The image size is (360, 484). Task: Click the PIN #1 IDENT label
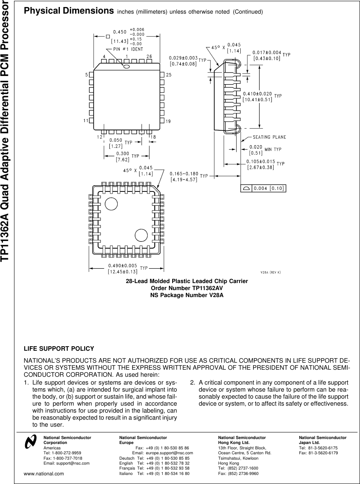click(x=128, y=49)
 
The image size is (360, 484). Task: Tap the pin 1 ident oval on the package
click(x=127, y=66)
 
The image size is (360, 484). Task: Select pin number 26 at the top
click(x=149, y=56)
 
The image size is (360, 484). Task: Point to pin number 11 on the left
click(x=86, y=120)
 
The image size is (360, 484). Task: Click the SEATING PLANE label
click(x=269, y=137)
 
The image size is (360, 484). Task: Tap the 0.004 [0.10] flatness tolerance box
click(x=264, y=188)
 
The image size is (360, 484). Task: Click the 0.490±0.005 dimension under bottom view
click(x=122, y=266)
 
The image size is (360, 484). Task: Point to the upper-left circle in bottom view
click(x=111, y=203)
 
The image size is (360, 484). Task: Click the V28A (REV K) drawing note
click(x=270, y=272)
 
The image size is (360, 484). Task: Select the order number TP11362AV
click(x=187, y=288)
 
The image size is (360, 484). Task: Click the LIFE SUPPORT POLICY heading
click(x=59, y=349)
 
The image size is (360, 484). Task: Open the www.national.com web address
click(x=44, y=474)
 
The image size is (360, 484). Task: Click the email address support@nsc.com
click(x=73, y=463)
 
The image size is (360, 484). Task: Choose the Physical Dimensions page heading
click(x=69, y=11)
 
